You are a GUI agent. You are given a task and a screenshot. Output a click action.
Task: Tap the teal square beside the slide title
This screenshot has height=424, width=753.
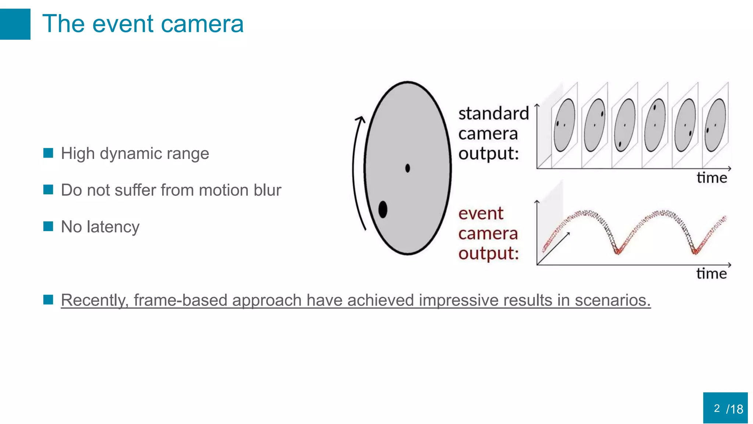pos(15,24)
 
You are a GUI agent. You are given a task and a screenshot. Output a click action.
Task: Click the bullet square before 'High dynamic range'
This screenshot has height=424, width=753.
pos(48,153)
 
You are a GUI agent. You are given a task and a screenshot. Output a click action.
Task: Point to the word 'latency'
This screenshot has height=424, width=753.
pos(113,227)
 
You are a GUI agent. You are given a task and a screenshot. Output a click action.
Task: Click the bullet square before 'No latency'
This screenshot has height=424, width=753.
pos(48,226)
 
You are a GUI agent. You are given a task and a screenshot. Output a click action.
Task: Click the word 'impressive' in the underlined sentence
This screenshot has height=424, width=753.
pos(458,300)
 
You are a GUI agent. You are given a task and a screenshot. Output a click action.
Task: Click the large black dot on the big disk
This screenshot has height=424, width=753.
pos(383,209)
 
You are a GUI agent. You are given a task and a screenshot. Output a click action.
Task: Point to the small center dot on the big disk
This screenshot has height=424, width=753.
pos(407,168)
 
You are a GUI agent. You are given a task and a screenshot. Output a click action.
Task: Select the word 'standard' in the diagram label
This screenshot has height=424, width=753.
pos(493,113)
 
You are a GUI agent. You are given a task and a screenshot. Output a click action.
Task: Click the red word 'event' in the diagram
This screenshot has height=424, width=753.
pos(481,213)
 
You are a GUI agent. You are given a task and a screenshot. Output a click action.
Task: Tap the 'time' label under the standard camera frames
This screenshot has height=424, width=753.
pos(711,178)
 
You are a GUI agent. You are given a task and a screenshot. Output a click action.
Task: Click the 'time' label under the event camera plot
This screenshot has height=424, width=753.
pos(711,274)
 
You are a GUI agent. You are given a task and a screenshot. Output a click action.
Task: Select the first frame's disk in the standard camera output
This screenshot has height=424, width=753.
pos(564,125)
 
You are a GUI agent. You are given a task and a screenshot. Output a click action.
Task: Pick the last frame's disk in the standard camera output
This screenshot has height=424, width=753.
pos(715,125)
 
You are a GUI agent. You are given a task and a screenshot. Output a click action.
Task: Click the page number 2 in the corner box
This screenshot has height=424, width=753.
pos(717,408)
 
